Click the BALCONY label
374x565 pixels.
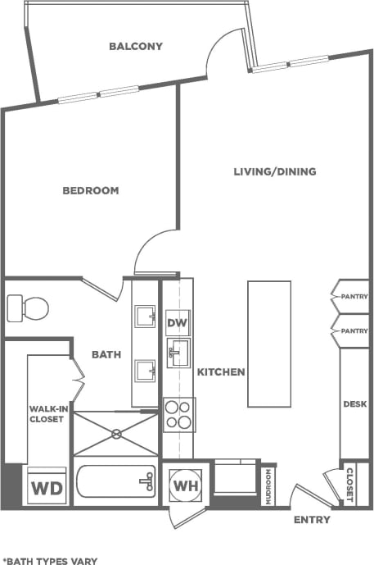[x=136, y=47]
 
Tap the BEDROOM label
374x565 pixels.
[x=91, y=190]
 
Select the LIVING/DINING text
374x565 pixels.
[x=275, y=171]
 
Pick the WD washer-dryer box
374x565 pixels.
[x=47, y=489]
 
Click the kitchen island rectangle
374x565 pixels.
[x=269, y=344]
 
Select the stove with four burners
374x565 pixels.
[x=178, y=414]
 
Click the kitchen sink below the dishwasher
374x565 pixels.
[x=178, y=354]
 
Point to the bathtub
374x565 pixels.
[x=115, y=482]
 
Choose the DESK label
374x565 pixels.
[x=354, y=404]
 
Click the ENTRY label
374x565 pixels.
[x=311, y=520]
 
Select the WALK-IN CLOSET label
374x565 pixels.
[x=47, y=412]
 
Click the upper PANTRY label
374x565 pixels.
[x=354, y=297]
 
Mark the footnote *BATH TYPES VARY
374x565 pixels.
[x=50, y=561]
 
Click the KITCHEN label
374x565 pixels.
[x=221, y=372]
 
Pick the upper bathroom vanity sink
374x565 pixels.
[x=146, y=316]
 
